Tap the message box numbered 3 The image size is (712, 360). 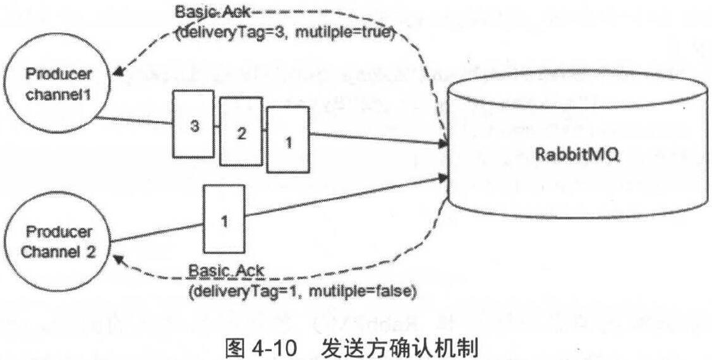[195, 125]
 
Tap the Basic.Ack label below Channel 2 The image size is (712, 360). [226, 272]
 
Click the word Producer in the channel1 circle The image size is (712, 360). [57, 74]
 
